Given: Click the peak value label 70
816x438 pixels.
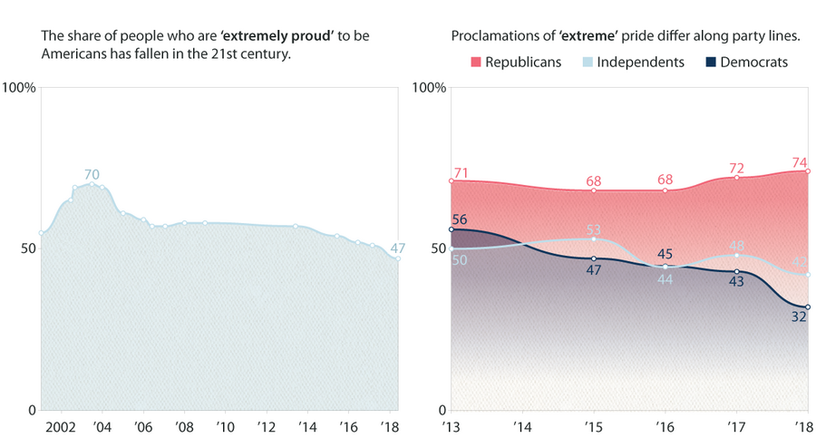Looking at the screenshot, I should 92,174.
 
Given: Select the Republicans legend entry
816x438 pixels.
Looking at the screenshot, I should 516,63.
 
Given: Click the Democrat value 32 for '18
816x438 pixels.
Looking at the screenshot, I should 798,317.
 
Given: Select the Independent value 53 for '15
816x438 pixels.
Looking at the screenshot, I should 594,229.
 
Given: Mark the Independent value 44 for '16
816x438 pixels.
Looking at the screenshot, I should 665,279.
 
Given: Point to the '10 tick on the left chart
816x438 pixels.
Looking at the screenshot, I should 225,426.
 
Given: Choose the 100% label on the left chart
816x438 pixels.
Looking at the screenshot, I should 18,88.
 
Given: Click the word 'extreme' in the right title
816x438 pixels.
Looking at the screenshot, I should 588,36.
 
